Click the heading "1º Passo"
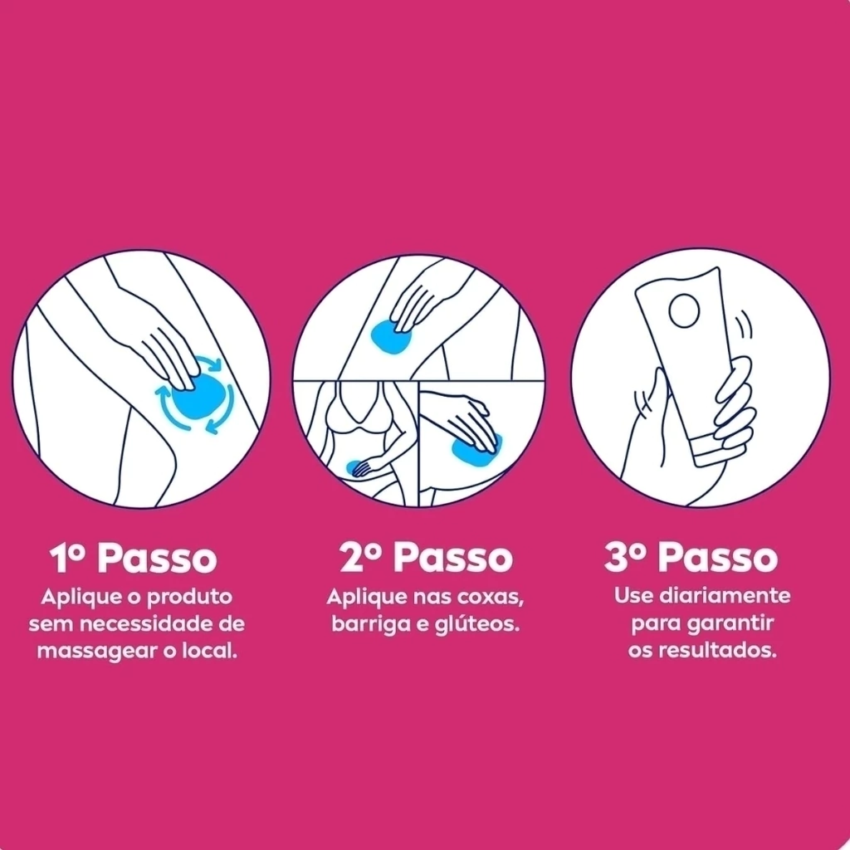pos(134,558)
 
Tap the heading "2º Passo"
pos(426,557)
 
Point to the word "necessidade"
pos(144,623)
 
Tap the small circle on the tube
pos(684,311)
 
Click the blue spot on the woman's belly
pos(354,467)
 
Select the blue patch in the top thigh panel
pos(391,337)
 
